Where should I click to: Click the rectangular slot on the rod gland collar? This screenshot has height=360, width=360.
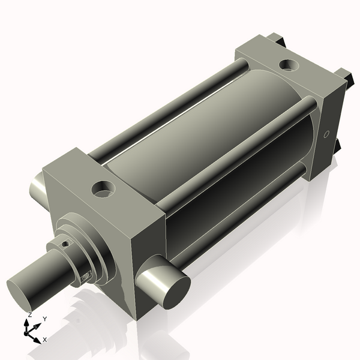[86, 275]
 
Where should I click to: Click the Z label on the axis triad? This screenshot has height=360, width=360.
[29, 314]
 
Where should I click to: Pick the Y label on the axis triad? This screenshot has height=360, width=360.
[44, 319]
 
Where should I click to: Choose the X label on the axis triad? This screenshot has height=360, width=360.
[44, 340]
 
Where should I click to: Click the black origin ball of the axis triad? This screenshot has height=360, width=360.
[27, 330]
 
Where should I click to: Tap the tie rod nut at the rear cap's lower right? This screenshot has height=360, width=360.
[337, 146]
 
